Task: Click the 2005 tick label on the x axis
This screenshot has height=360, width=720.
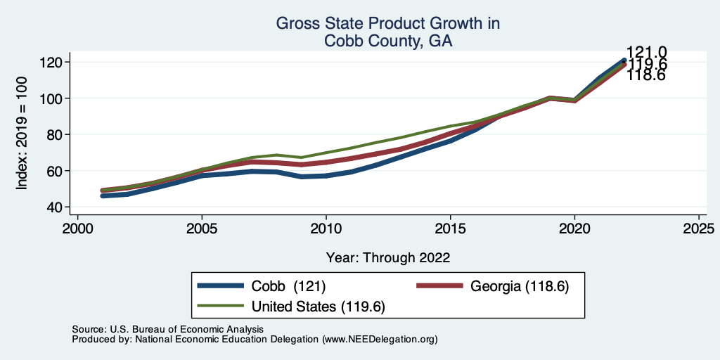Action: pos(202,229)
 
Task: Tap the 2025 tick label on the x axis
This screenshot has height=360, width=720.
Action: pos(700,229)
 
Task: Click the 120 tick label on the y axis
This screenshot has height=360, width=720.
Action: pos(54,62)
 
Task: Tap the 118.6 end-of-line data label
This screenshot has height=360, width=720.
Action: pos(647,75)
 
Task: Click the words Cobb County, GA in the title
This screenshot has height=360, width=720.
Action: pos(387,41)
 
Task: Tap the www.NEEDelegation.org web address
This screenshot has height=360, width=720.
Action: pos(380,339)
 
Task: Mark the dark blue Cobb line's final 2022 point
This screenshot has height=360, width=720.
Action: pos(624,60)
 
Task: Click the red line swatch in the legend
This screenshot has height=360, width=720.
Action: pos(439,286)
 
